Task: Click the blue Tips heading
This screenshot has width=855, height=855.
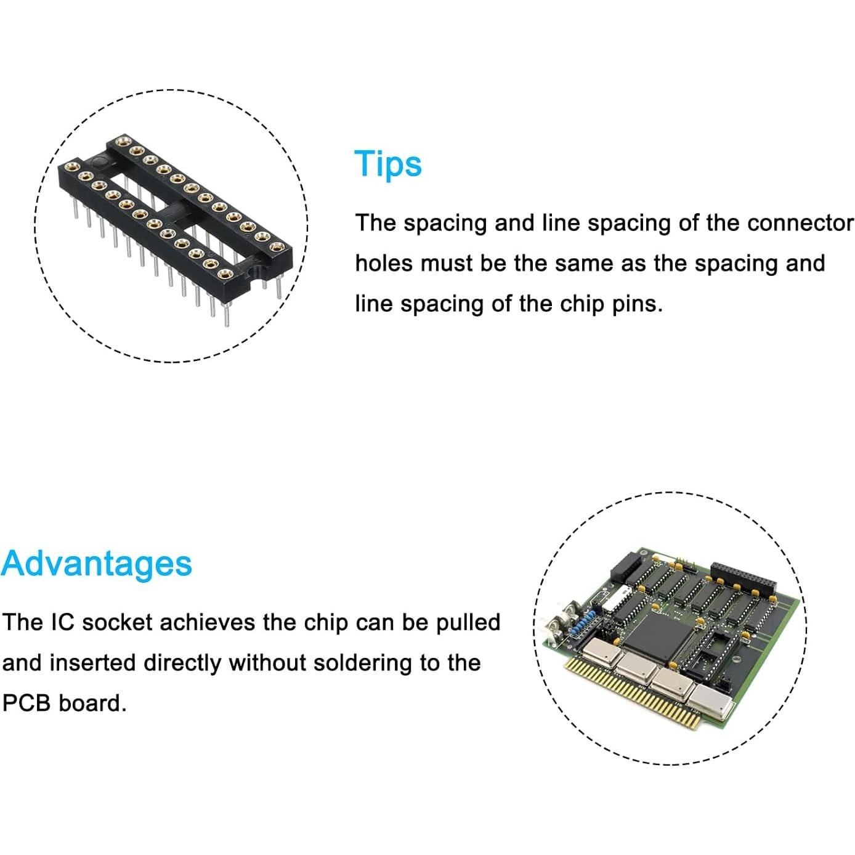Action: click(388, 164)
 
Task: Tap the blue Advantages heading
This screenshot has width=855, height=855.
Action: click(97, 564)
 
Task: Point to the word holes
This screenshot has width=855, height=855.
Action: click(383, 264)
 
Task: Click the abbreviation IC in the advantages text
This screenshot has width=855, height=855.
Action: click(62, 623)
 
